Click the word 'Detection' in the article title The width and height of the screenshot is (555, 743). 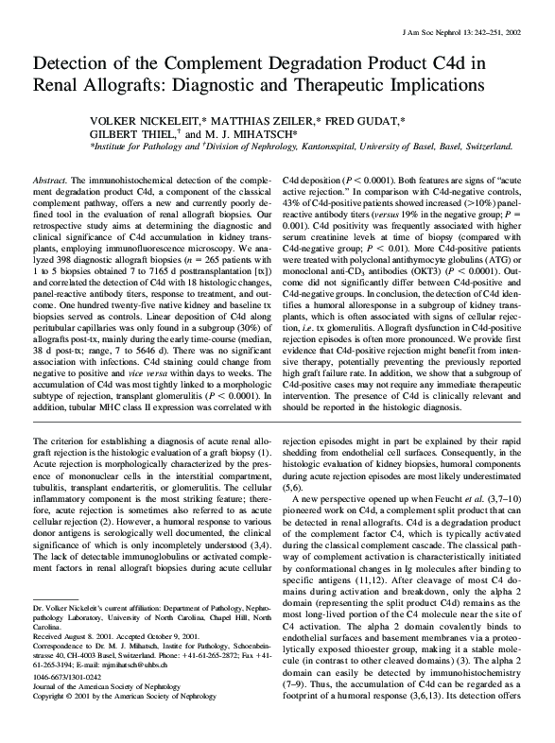pyautogui.click(x=75, y=64)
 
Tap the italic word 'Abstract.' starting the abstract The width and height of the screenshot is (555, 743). pyautogui.click(x=50, y=179)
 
